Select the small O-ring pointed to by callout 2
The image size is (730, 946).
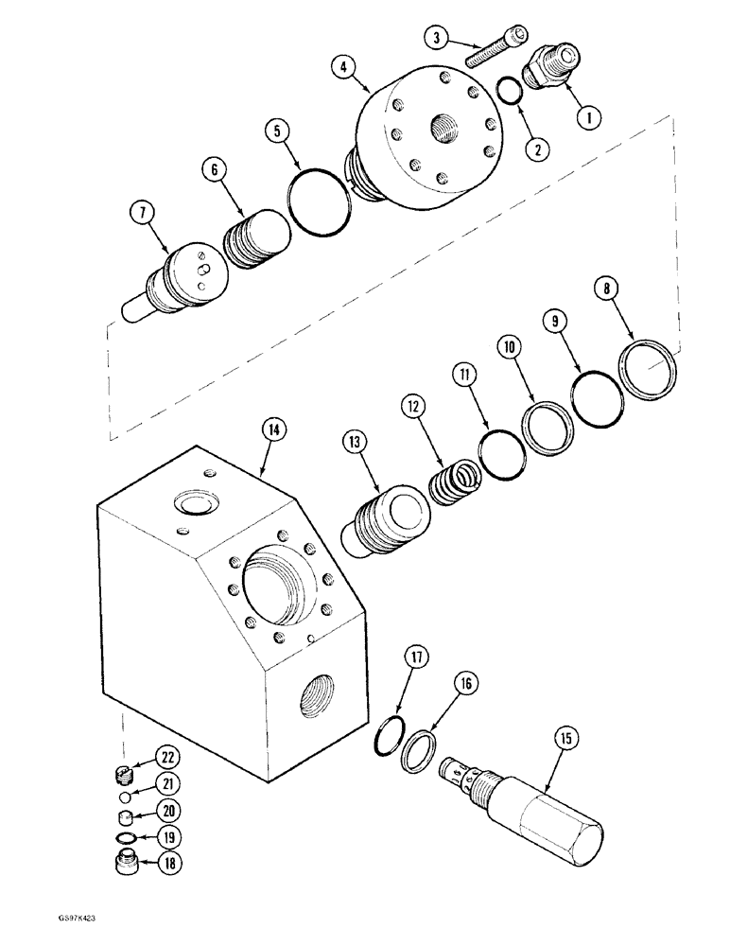point(509,91)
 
